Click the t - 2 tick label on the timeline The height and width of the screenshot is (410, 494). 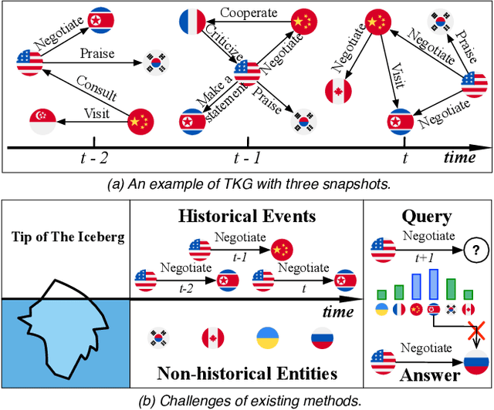94,159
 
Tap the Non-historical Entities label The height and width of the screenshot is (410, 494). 246,375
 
